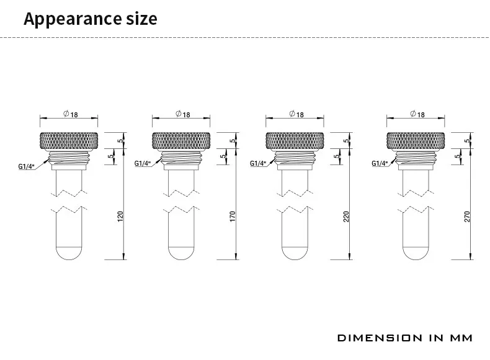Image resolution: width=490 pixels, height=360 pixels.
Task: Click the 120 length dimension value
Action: pyautogui.click(x=120, y=217)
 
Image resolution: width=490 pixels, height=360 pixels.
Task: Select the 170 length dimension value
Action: pyautogui.click(x=233, y=217)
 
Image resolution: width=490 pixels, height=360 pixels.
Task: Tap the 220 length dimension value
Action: pyautogui.click(x=346, y=217)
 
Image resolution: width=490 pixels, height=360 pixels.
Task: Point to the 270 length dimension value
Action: pyautogui.click(x=467, y=217)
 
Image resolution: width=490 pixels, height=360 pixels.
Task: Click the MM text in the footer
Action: pyautogui.click(x=461, y=338)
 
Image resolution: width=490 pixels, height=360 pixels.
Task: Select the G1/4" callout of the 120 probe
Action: pyautogui.click(x=26, y=166)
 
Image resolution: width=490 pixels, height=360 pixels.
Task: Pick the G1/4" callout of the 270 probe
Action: pyautogui.click(x=380, y=163)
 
